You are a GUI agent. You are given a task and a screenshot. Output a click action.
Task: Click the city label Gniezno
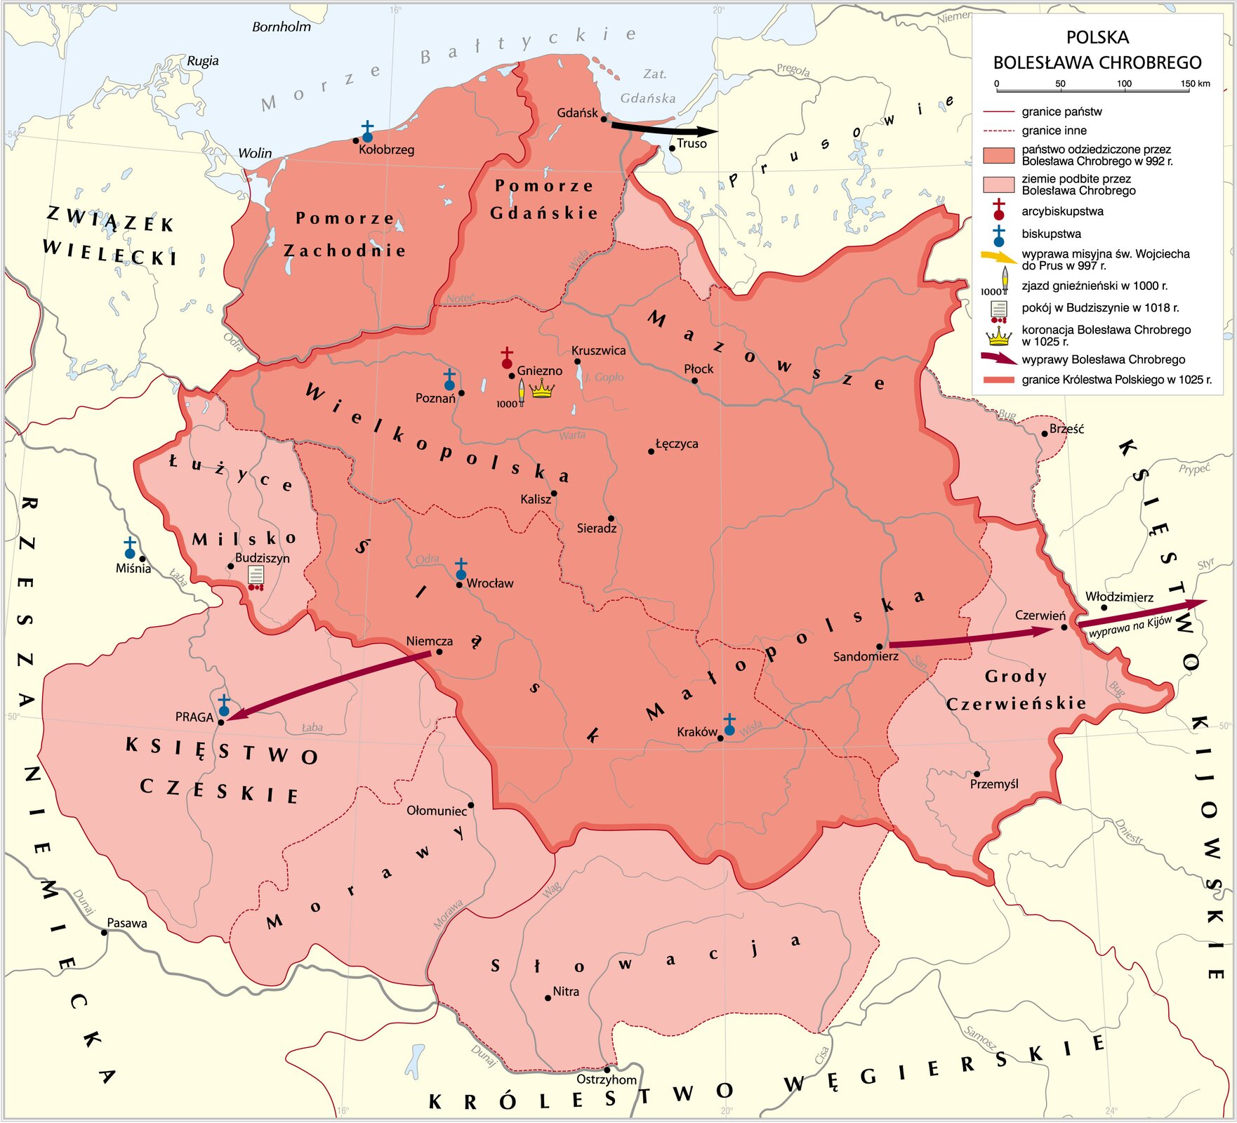click(539, 371)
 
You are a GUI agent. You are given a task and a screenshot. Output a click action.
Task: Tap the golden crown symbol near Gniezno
click(542, 388)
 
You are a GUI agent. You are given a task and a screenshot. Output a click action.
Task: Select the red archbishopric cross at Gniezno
click(507, 357)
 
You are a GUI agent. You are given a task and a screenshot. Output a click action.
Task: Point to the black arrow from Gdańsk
click(663, 129)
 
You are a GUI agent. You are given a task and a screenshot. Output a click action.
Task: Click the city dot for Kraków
click(720, 738)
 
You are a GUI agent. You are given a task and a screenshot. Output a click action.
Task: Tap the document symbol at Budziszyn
click(256, 577)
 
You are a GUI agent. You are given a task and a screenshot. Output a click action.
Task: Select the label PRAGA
click(194, 717)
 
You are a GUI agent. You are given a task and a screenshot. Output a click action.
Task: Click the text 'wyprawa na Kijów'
click(1130, 627)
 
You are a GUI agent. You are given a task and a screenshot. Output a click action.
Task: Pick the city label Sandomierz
click(866, 657)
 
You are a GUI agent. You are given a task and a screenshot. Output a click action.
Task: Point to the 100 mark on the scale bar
click(1124, 84)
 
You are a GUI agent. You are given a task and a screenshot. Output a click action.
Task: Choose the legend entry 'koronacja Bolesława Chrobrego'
click(1106, 335)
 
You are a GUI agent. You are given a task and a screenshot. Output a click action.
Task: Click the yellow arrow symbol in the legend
click(998, 258)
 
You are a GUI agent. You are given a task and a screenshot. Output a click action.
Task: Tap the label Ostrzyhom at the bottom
click(607, 1079)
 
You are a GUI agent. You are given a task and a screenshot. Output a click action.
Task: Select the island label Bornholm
click(281, 27)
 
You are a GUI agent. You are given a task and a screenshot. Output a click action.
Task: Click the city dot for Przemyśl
click(977, 774)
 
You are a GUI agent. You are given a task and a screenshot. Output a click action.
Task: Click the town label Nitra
click(566, 992)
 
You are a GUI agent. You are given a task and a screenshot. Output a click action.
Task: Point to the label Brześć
click(1066, 429)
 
